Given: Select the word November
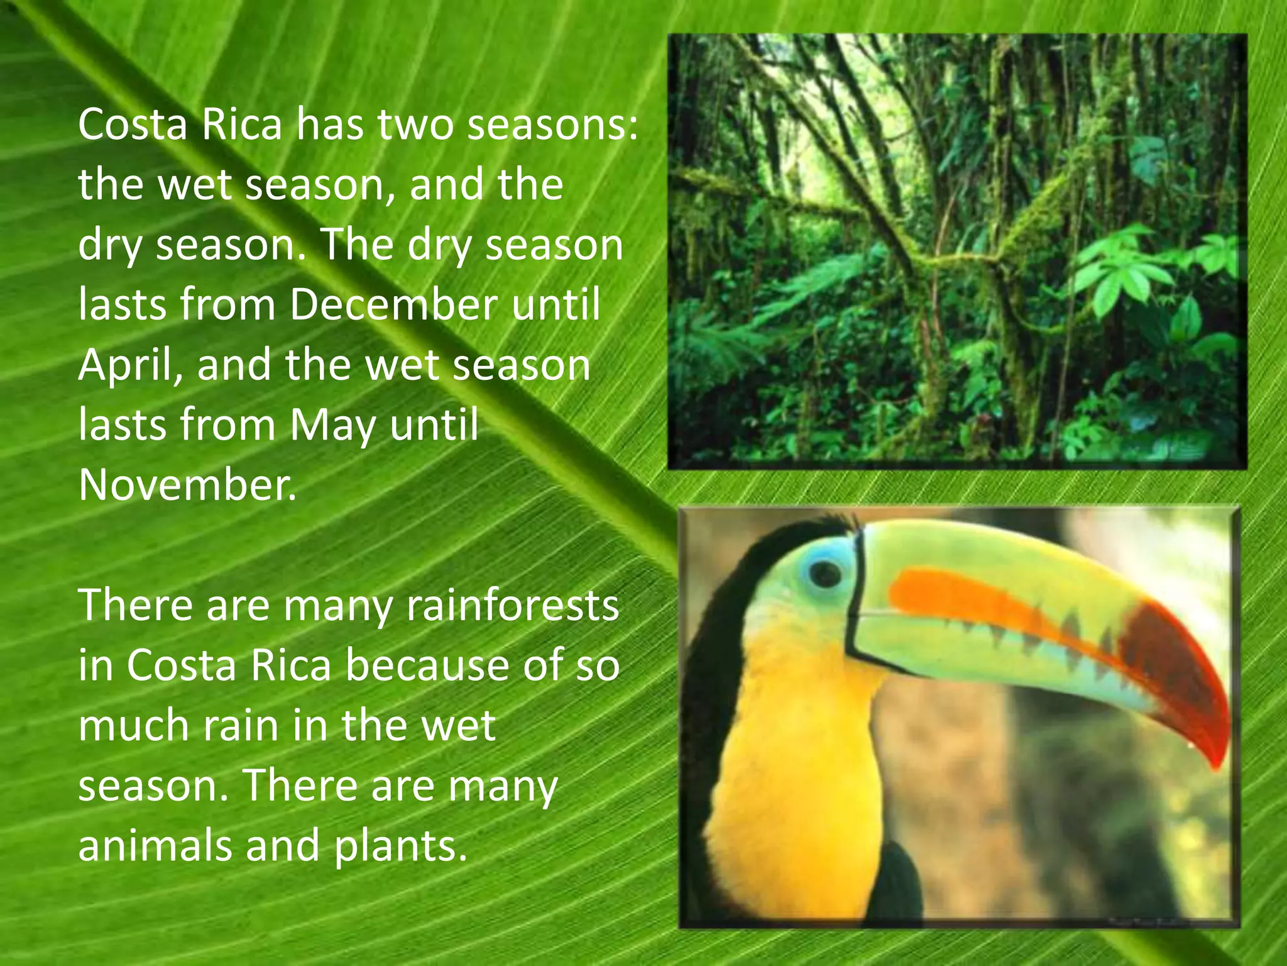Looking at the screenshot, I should pyautogui.click(x=187, y=485).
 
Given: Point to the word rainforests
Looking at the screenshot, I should pyautogui.click(x=513, y=606).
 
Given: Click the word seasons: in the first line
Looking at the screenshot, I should pyautogui.click(x=552, y=125).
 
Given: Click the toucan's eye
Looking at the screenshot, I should pyautogui.click(x=825, y=574).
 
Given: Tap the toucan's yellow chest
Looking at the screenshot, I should pyautogui.click(x=798, y=755).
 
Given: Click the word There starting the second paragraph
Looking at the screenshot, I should pyautogui.click(x=136, y=606).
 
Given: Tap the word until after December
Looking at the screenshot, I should pyautogui.click(x=556, y=305).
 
